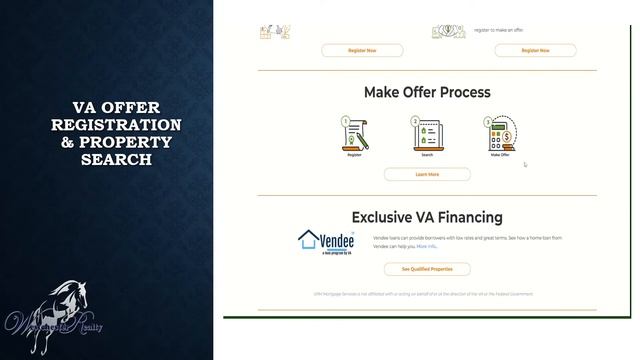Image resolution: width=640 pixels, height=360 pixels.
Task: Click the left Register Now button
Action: pos(362,50)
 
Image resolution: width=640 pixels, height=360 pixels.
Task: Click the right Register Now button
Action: pos(535,50)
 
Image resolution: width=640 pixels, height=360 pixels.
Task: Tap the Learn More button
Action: pos(427,174)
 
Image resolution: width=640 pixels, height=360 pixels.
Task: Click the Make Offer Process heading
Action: pos(427,92)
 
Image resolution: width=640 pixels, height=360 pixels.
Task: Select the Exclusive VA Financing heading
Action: pos(427,216)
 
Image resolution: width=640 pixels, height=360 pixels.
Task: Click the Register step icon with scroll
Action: pos(355,135)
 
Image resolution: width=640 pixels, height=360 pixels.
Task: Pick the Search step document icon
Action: pos(427,135)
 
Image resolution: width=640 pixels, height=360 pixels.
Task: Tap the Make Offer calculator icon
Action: pos(499,135)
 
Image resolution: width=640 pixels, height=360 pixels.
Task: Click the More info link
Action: pos(427,246)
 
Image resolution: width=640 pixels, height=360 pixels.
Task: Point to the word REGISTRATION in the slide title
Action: pos(117,125)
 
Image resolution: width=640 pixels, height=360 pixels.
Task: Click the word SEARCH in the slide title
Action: pos(117,159)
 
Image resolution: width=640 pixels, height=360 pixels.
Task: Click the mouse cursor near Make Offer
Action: pos(525,165)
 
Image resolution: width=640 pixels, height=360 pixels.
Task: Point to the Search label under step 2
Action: pos(427,155)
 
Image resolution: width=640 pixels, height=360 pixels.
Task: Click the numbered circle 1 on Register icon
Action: pos(346,122)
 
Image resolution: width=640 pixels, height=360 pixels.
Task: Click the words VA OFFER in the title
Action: pos(117,108)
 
